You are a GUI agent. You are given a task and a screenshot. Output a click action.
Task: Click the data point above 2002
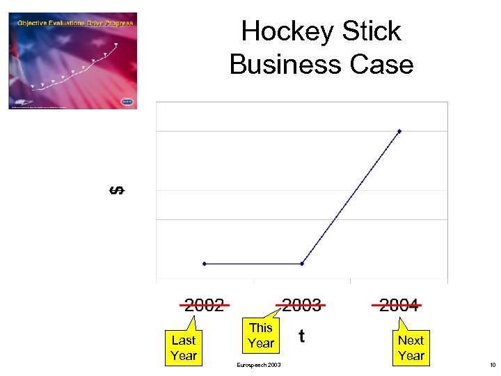[x=205, y=264]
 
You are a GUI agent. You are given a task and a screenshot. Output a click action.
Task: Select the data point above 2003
[x=302, y=264]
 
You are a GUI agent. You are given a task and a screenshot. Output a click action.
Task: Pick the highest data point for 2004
[x=399, y=131]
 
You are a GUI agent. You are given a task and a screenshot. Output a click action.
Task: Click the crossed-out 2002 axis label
[x=205, y=304]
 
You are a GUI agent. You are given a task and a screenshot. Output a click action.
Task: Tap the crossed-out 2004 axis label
[x=399, y=304]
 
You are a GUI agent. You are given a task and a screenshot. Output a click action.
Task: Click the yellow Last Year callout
[x=184, y=347]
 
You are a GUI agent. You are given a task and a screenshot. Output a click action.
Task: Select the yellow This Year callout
[x=261, y=335]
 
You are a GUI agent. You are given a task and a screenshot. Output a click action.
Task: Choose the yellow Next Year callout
[x=411, y=347]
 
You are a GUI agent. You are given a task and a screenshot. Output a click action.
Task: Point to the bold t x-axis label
[x=301, y=336]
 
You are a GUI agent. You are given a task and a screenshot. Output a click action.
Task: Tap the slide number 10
[x=492, y=366]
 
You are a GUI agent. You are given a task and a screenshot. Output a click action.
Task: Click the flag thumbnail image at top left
[x=72, y=60]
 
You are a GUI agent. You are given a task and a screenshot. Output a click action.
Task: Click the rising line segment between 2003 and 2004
[x=351, y=198]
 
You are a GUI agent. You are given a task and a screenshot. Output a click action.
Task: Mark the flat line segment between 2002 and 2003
[x=253, y=264]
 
